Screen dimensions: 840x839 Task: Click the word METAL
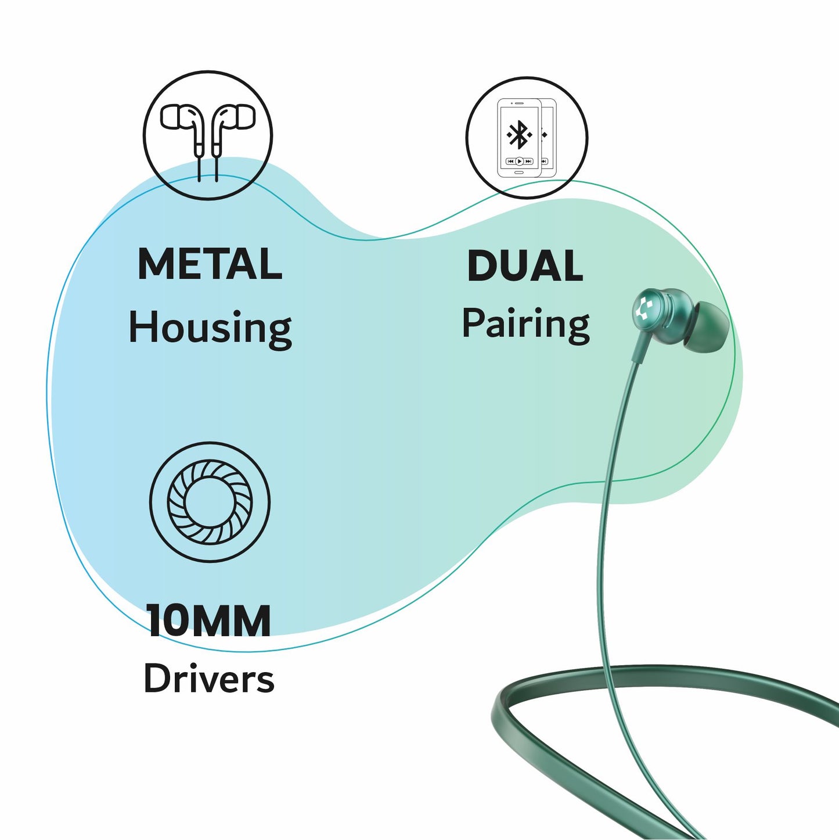tap(210, 264)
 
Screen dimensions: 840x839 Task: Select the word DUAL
tap(525, 266)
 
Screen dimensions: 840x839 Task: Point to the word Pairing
tap(525, 324)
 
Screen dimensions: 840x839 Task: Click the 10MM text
tap(208, 620)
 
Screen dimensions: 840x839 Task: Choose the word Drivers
tap(208, 679)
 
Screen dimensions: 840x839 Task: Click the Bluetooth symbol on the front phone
tap(518, 135)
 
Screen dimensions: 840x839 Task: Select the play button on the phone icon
tap(520, 161)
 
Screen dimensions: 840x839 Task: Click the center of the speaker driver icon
tap(210, 502)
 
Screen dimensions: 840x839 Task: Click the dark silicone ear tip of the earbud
tap(705, 326)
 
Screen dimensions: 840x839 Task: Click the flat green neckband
tap(639, 676)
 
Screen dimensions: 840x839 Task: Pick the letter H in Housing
tap(141, 326)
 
